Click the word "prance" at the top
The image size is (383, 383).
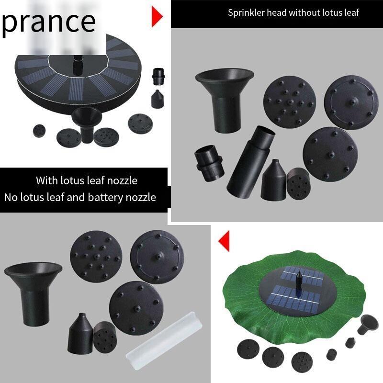click(x=48, y=23)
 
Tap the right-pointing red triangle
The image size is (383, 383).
click(x=157, y=17)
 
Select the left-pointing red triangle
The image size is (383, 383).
click(x=224, y=241)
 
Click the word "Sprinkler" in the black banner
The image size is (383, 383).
click(x=246, y=13)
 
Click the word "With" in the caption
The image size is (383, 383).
click(x=46, y=180)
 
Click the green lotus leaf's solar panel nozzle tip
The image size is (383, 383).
click(x=299, y=273)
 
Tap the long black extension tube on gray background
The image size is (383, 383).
click(x=251, y=160)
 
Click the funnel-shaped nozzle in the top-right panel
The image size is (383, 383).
click(x=224, y=100)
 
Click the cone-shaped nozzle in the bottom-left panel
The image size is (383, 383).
click(x=80, y=333)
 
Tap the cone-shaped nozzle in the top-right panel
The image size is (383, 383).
click(x=273, y=180)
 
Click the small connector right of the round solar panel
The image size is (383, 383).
click(x=158, y=76)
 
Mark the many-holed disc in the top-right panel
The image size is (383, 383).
click(x=290, y=102)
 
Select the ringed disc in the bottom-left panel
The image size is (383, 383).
click(x=157, y=257)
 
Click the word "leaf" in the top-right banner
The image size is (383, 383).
click(x=350, y=13)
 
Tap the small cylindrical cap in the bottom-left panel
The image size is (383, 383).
click(x=105, y=337)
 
